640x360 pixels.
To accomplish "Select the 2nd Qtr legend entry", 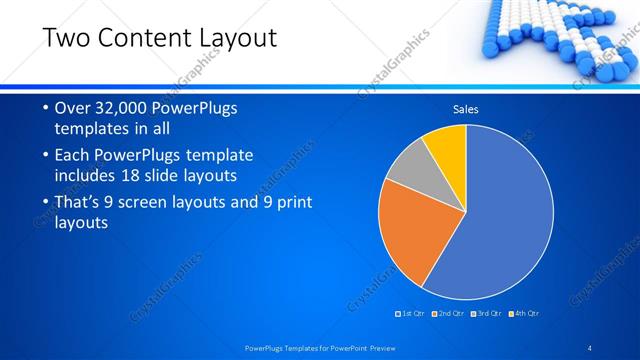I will (448, 314).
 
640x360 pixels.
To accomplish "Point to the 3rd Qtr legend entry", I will (486, 314).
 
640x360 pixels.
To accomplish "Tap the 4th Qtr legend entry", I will (524, 314).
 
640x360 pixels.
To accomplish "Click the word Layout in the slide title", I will (237, 39).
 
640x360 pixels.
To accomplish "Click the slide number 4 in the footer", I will (590, 348).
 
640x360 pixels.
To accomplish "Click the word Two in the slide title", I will (70, 39).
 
